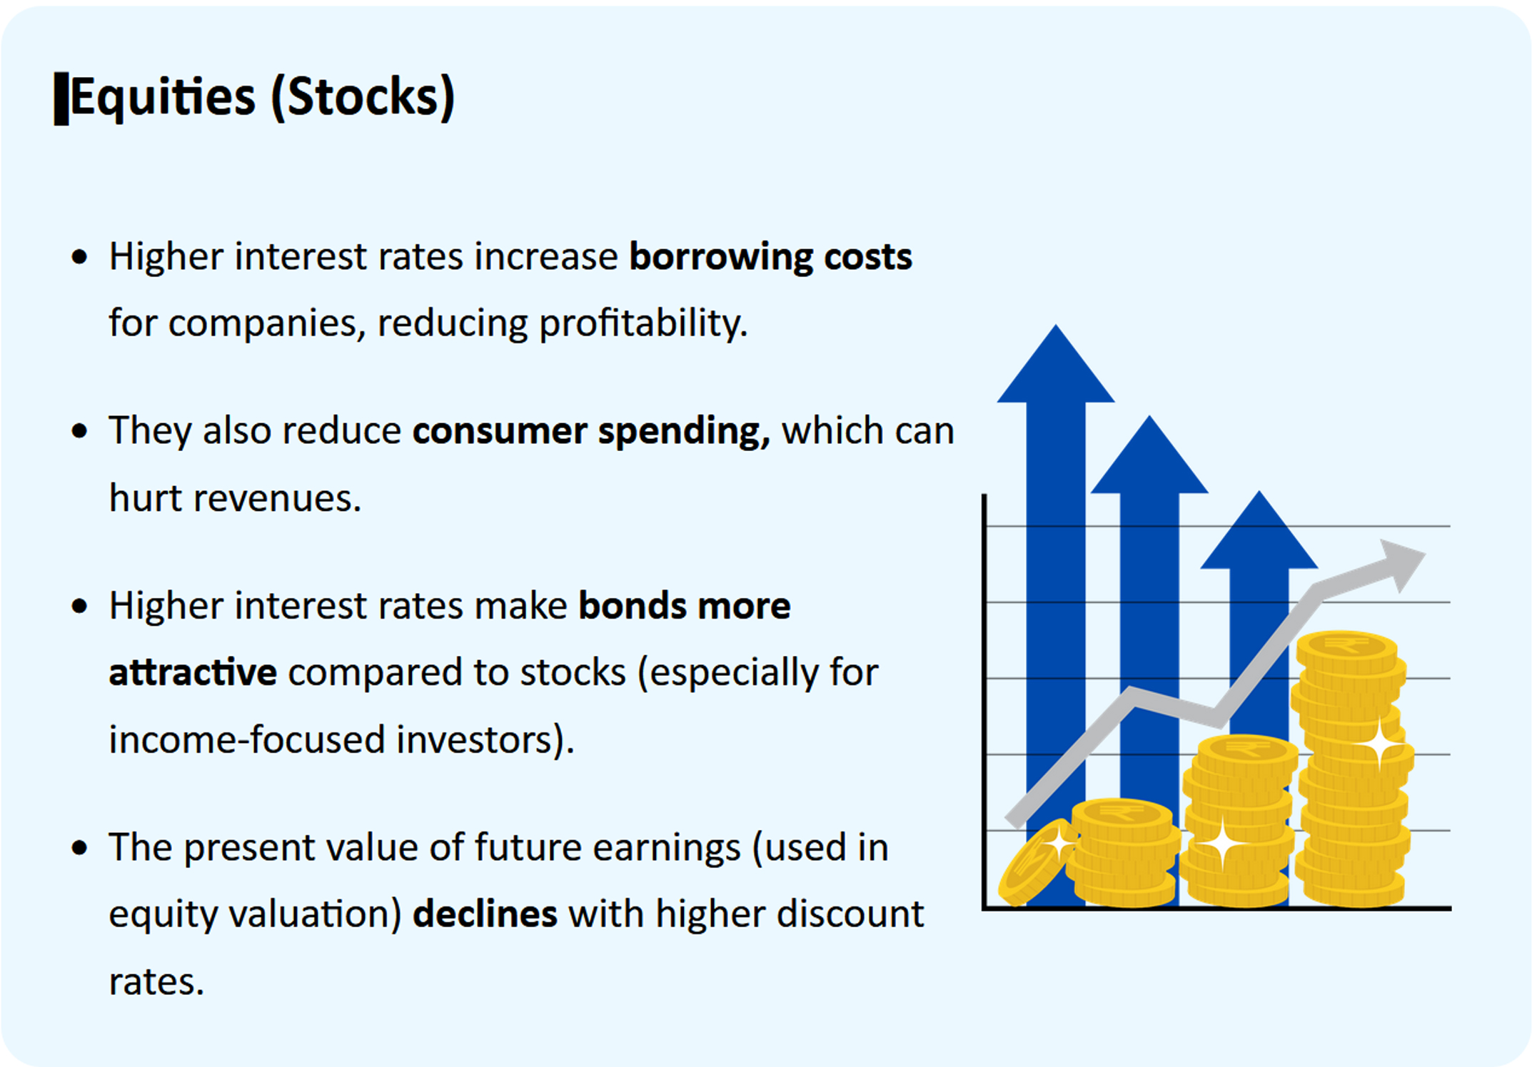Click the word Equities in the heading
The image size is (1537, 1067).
pos(163,98)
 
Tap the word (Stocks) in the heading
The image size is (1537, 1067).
pos(363,98)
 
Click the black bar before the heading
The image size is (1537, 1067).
pos(61,98)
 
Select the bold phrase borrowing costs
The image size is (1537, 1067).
pos(770,257)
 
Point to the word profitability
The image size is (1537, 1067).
pos(643,323)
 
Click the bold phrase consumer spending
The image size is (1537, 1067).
pos(591,431)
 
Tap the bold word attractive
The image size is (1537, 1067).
pos(193,672)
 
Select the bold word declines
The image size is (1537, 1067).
pos(485,914)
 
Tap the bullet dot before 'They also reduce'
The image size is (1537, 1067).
pos(80,431)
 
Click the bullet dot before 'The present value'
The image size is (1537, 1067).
pos(80,848)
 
